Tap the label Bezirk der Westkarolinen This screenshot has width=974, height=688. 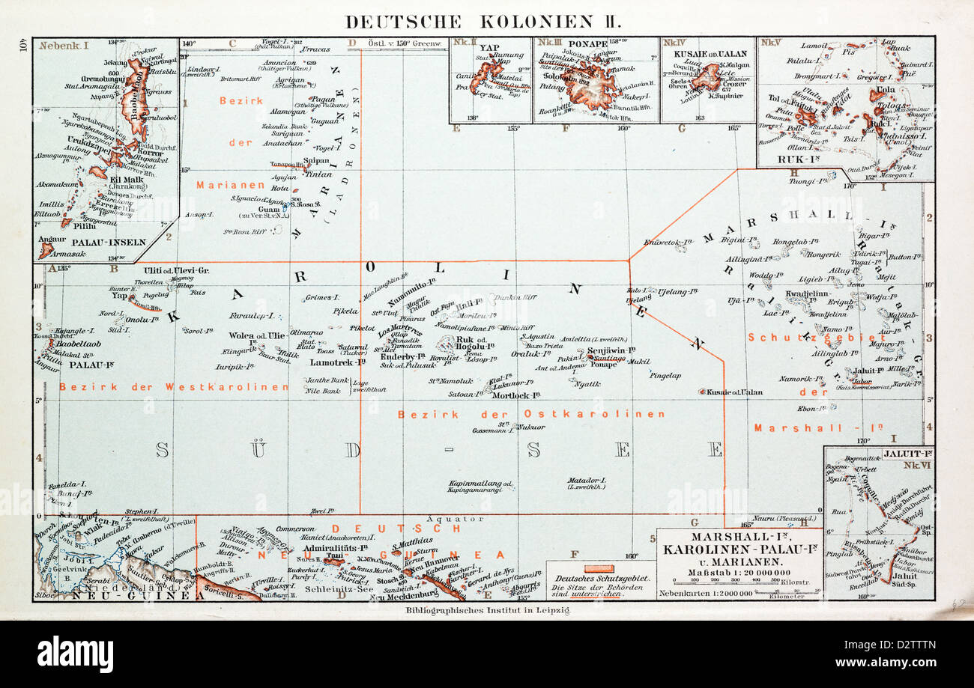[174, 387]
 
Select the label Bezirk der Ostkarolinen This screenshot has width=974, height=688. [531, 414]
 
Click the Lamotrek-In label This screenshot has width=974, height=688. [337, 362]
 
